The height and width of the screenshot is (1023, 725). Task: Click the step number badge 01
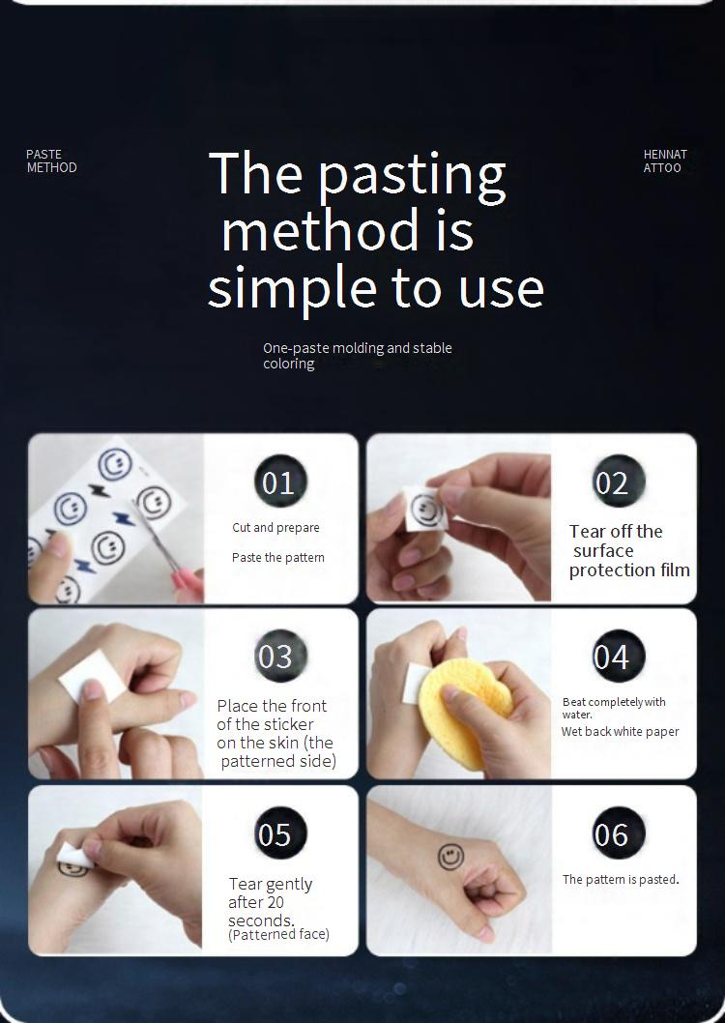pos(279,482)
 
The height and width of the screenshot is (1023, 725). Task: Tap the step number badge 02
pos(619,482)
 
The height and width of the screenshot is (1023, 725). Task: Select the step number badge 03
pos(280,656)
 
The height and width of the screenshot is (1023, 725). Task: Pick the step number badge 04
pos(619,656)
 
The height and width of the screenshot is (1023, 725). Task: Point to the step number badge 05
pos(280,833)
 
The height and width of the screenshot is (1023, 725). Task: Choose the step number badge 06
pos(619,833)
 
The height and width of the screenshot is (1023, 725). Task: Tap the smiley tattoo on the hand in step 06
pos(450,857)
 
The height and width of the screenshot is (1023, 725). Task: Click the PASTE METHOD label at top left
pos(51,161)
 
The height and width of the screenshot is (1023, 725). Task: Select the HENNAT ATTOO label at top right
pos(665,161)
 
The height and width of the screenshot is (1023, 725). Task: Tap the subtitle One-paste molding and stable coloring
pos(358,356)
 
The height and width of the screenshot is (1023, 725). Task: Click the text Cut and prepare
pos(275,527)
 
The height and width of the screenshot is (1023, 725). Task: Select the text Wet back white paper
pos(620,731)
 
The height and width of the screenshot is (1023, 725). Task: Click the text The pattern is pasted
pos(621,879)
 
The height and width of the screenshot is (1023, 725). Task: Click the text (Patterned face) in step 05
pos(279,934)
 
